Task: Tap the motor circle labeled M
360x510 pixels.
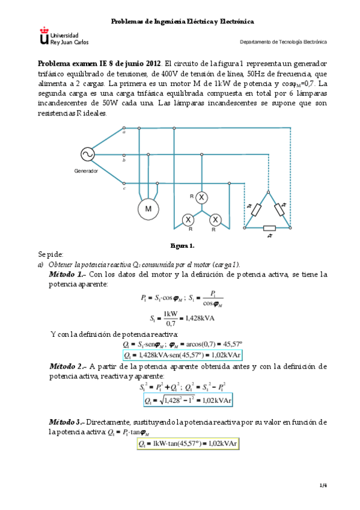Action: (147, 208)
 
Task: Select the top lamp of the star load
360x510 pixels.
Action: (203, 197)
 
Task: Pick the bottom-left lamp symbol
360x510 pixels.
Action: (188, 219)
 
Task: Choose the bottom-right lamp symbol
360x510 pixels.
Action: (216, 219)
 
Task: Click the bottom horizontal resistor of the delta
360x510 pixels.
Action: (269, 228)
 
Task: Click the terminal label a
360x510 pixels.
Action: (124, 132)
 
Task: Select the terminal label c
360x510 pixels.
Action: (124, 188)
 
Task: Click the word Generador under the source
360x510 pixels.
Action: (86, 171)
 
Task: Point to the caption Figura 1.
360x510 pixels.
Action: (182, 246)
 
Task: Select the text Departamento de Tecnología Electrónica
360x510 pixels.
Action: (283, 42)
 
